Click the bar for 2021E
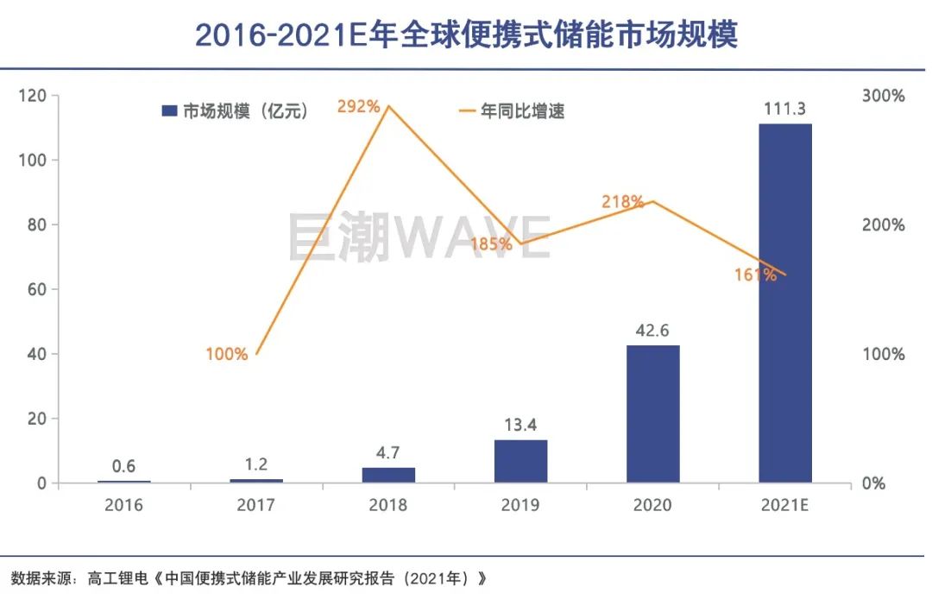pyautogui.click(x=784, y=302)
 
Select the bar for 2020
pyautogui.click(x=652, y=414)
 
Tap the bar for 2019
pyautogui.click(x=520, y=461)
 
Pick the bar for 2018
pyautogui.click(x=388, y=475)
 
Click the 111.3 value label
pyautogui.click(x=784, y=109)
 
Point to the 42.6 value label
pyautogui.click(x=652, y=331)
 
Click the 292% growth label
pyautogui.click(x=358, y=107)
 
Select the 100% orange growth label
pyautogui.click(x=227, y=354)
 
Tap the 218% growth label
pyautogui.click(x=622, y=202)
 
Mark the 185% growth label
pyautogui.click(x=491, y=244)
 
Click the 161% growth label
pyautogui.click(x=755, y=275)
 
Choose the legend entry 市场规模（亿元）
pyautogui.click(x=236, y=111)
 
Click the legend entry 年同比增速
pyautogui.click(x=512, y=111)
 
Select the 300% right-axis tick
pyautogui.click(x=883, y=96)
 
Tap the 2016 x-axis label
pyautogui.click(x=123, y=505)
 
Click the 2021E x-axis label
pyautogui.click(x=784, y=505)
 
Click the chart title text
pyautogui.click(x=466, y=35)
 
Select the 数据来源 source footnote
pyautogui.click(x=250, y=578)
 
